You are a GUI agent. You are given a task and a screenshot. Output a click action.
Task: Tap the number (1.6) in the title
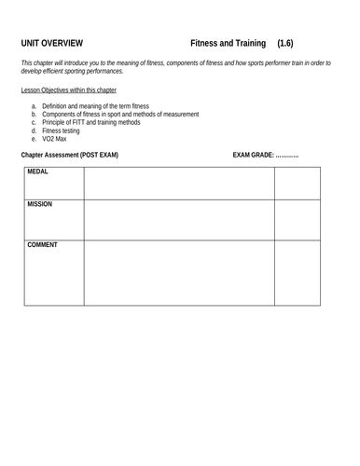tap(293, 43)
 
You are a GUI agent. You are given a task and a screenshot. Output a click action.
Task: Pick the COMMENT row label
tap(43, 245)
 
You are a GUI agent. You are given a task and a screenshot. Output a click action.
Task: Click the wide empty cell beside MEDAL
tap(179, 183)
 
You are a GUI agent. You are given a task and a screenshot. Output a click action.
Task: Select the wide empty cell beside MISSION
tap(179, 219)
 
